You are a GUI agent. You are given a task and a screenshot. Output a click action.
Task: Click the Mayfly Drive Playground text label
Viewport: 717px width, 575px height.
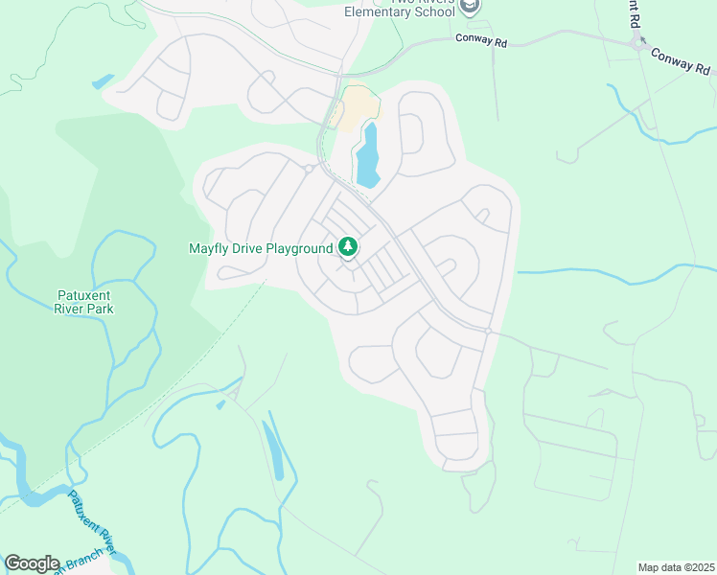point(260,249)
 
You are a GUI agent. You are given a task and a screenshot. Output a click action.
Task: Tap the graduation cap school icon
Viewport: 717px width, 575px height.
point(469,7)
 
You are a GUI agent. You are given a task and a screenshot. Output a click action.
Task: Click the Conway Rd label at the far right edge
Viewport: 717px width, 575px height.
point(682,61)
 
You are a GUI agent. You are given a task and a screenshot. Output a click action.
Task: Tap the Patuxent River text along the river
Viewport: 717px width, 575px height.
point(92,522)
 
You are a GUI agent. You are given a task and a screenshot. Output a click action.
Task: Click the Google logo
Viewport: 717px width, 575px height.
point(32,563)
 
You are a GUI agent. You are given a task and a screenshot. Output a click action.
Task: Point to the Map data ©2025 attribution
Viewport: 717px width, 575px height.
point(676,567)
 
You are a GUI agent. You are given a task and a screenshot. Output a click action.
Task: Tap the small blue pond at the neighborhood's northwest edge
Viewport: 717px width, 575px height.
point(103,81)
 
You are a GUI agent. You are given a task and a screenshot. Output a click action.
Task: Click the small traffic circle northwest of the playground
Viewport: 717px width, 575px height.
point(309,169)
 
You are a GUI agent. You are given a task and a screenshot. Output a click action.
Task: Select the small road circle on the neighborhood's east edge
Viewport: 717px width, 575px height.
point(488,331)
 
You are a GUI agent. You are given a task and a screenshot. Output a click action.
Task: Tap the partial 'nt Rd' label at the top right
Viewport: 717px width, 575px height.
point(634,11)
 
